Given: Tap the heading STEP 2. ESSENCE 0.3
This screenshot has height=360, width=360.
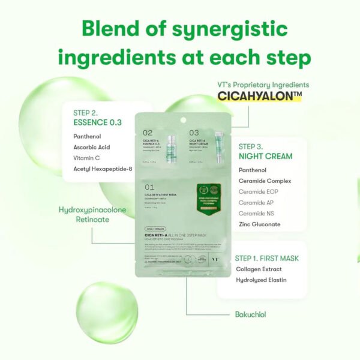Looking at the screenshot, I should [97, 117].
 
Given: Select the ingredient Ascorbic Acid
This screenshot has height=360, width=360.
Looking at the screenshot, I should [92, 147].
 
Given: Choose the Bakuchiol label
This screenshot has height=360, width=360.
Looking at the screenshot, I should [250, 314].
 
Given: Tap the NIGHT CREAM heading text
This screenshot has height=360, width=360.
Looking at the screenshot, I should [265, 156].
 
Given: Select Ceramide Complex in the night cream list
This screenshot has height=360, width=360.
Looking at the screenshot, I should [265, 181].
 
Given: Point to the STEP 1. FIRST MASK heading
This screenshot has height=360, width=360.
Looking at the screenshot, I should [267, 258].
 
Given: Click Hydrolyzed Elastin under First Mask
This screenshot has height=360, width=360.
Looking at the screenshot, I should [261, 280].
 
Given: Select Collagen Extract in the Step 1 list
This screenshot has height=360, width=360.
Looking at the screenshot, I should [259, 269].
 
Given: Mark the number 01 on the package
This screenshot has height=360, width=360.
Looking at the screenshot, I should [149, 187].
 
